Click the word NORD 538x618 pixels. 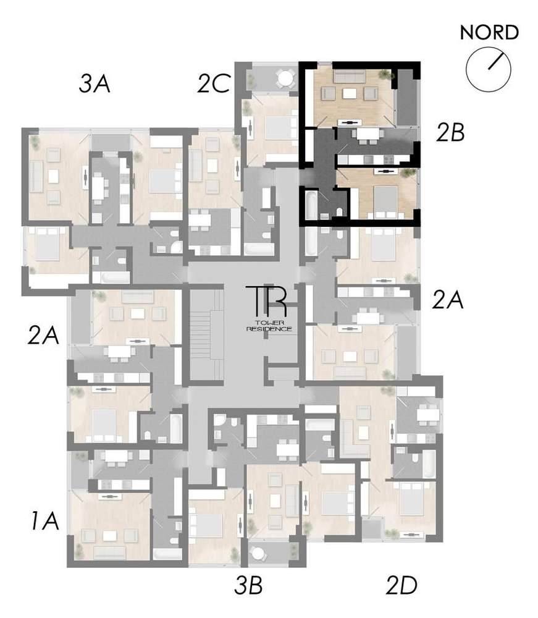click(489, 32)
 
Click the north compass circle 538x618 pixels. click(489, 67)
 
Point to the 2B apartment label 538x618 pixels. click(449, 133)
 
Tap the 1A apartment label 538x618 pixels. click(44, 522)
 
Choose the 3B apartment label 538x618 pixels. click(249, 585)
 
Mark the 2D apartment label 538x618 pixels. click(402, 585)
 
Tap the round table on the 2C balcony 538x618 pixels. click(285, 78)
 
